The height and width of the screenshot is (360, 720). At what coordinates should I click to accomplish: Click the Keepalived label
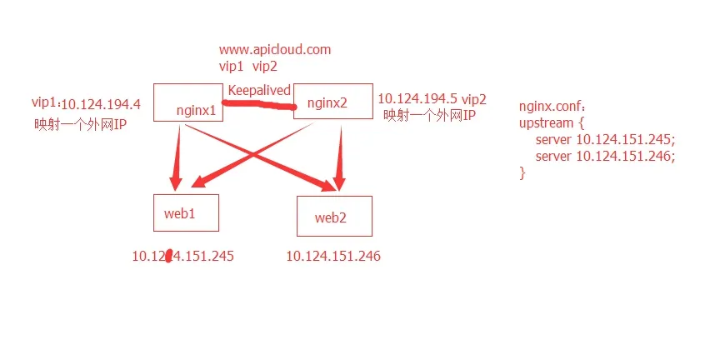pos(259,90)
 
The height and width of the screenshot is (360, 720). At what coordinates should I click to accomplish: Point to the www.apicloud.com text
pos(275,50)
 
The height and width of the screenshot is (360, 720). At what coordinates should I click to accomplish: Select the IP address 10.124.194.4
pos(101,105)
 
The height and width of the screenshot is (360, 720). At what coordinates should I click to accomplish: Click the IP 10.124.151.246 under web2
pos(333,256)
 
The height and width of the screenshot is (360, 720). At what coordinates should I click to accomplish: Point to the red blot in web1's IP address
pos(168,256)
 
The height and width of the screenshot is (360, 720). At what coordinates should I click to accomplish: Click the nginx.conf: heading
pos(552,107)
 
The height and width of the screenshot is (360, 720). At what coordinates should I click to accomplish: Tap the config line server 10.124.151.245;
pos(606,140)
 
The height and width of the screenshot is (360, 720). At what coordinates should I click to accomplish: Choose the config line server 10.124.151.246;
pos(606,156)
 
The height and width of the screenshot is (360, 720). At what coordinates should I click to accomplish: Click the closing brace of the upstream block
pos(522,173)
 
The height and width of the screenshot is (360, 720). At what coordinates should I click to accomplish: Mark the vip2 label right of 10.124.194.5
pos(474,98)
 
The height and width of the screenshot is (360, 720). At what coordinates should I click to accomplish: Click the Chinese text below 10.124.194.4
pos(80,124)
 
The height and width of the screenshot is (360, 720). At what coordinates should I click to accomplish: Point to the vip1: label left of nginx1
pos(46,102)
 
